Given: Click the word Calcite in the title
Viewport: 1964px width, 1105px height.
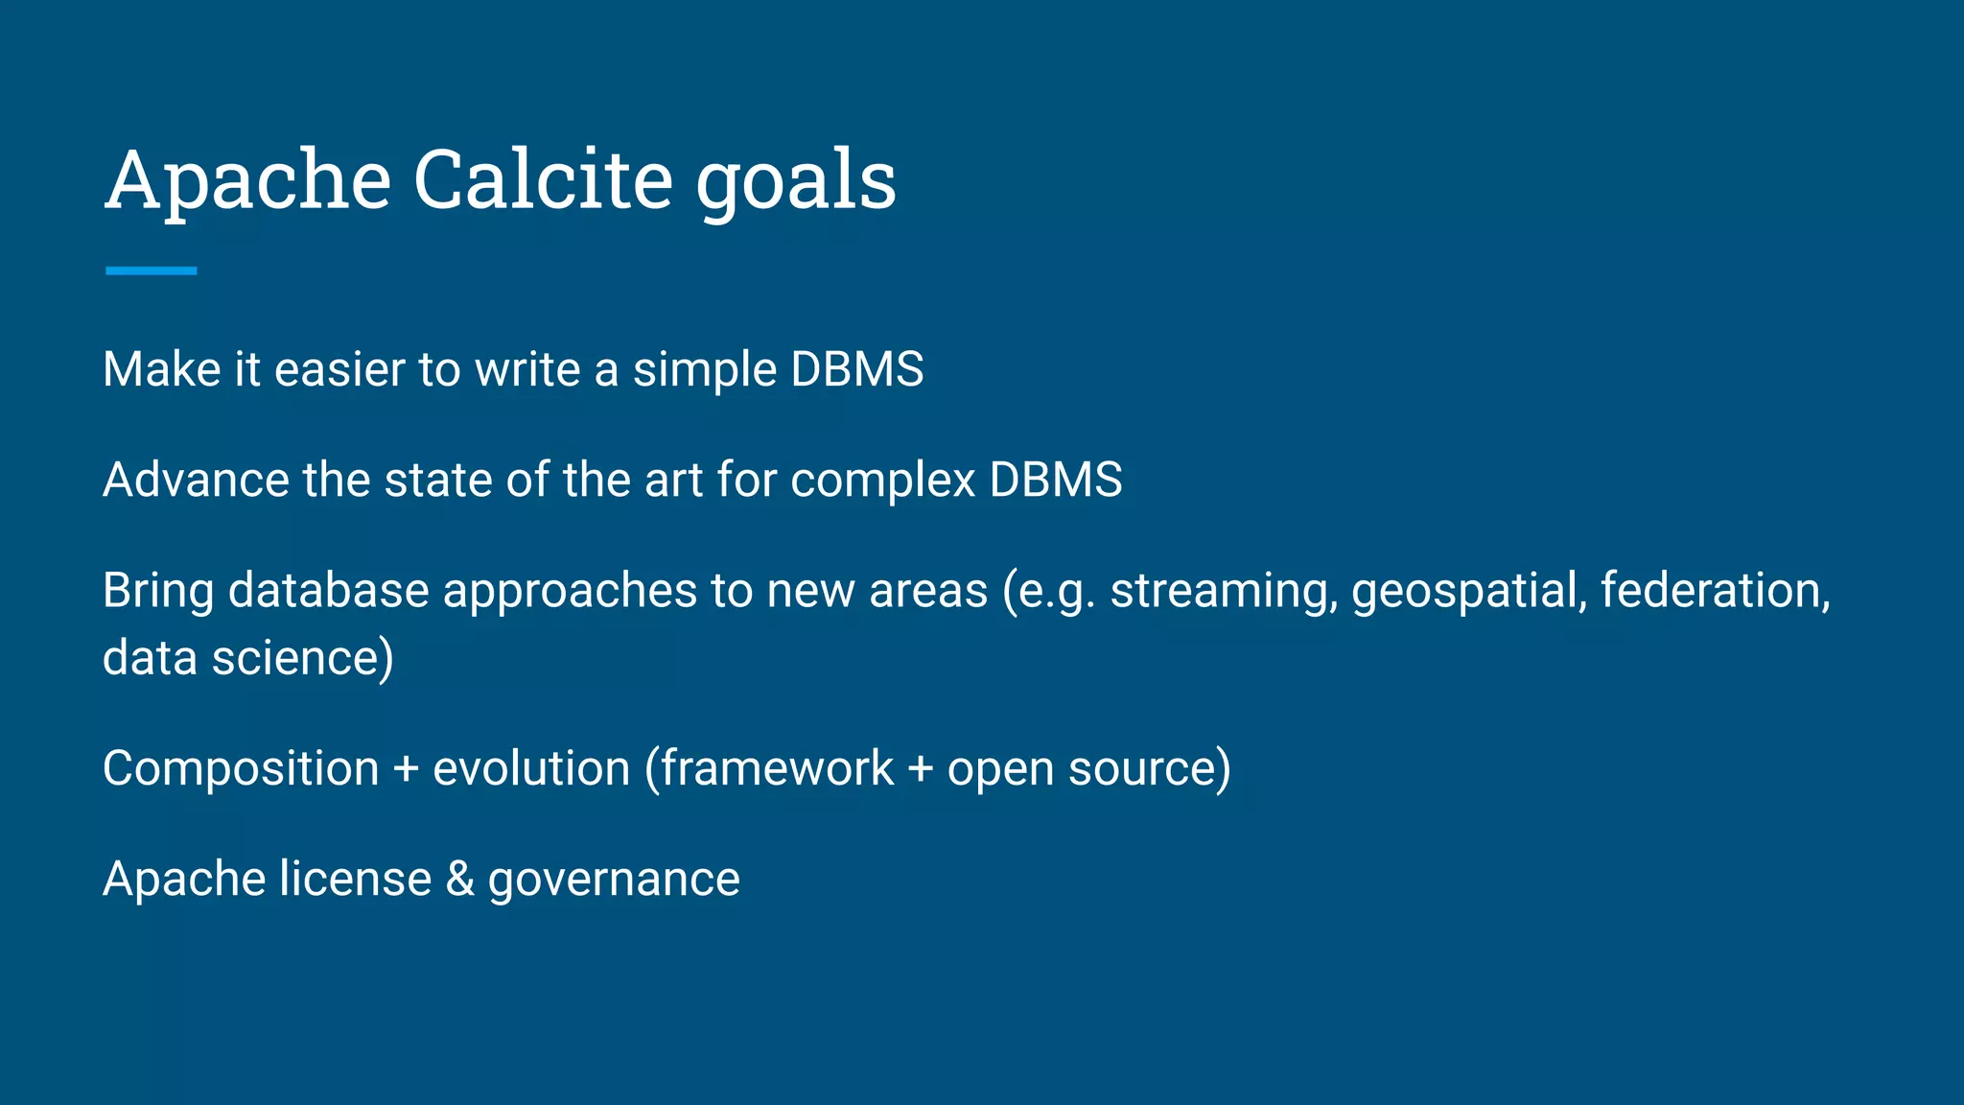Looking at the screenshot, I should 543,179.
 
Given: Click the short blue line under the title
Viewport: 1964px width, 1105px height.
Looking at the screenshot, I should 151,271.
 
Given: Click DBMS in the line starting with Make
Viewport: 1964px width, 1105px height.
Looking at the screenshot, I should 856,370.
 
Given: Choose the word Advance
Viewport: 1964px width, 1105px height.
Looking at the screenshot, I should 196,480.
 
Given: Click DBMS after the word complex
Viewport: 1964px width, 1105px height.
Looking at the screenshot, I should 1055,480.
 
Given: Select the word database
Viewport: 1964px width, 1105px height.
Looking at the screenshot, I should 328,590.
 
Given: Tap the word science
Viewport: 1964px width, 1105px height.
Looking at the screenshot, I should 302,659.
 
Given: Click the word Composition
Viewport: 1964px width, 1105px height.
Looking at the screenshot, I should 241,769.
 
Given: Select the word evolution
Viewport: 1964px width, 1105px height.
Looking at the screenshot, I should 531,769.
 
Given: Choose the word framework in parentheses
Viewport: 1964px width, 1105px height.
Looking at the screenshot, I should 777,769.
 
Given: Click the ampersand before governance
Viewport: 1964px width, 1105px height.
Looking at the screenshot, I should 460,880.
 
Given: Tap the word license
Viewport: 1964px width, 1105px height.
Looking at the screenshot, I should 355,880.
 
